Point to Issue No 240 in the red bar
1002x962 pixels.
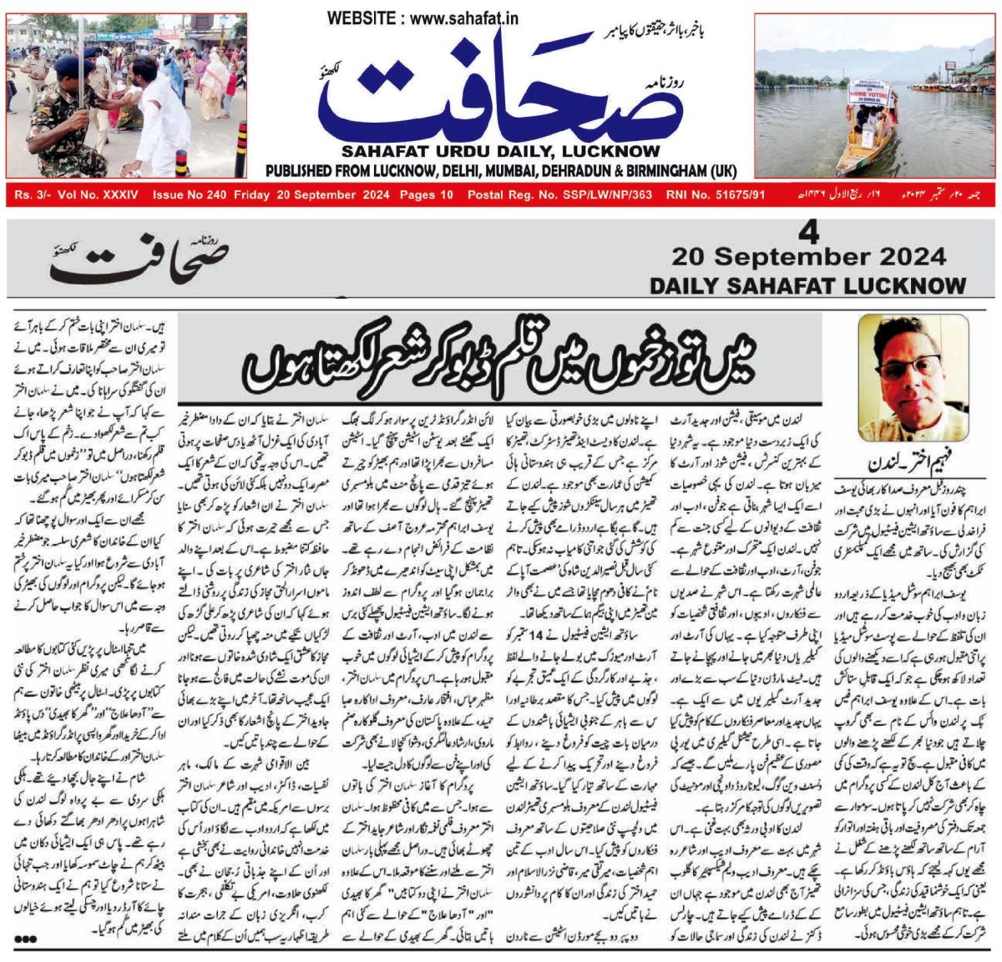coord(190,194)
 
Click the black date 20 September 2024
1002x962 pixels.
coord(808,255)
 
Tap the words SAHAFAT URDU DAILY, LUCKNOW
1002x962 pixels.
coord(501,152)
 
